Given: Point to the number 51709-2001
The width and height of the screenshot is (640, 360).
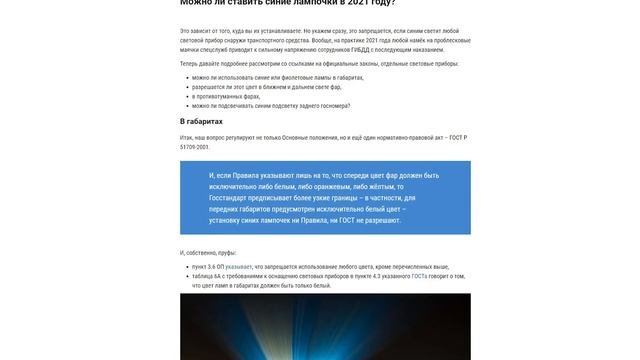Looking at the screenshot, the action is pyautogui.click(x=195, y=147).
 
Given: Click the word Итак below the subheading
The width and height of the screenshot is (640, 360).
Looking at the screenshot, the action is pyautogui.click(x=187, y=138).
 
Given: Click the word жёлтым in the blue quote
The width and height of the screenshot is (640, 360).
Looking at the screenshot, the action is pyautogui.click(x=383, y=186).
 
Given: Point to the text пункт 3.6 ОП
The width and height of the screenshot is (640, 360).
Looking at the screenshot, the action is pyautogui.click(x=207, y=267).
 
